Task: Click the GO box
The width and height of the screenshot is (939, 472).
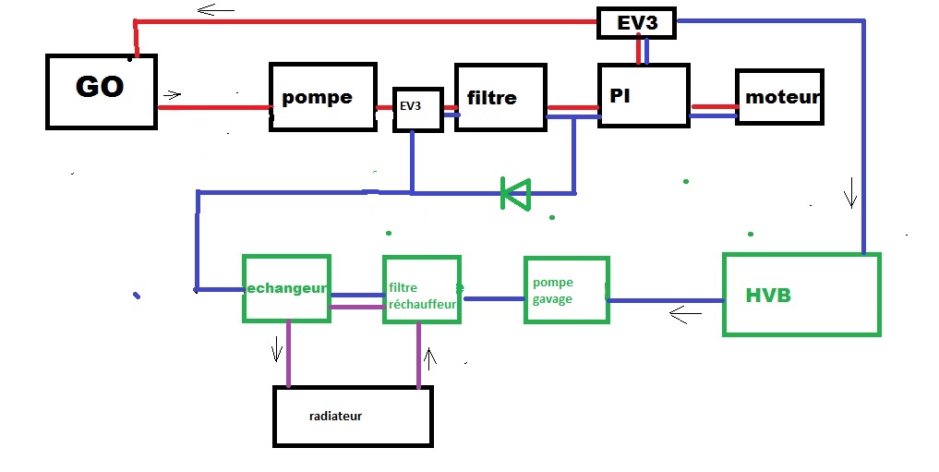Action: [x=101, y=91]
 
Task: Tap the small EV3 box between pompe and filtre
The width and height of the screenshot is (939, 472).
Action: [x=417, y=109]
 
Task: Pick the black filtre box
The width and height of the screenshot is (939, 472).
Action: [x=500, y=97]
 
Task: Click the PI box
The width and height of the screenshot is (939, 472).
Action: [x=644, y=96]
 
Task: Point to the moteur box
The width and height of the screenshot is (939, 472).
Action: [x=778, y=96]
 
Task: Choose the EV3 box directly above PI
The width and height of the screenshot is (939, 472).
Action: [x=637, y=23]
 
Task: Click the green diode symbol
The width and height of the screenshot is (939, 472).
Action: [x=515, y=193]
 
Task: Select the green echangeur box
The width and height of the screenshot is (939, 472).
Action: [x=286, y=288]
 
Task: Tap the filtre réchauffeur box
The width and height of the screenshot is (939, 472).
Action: [x=422, y=289]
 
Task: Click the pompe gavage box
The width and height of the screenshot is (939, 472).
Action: [x=566, y=290]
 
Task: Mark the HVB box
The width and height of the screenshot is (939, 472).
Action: [x=801, y=295]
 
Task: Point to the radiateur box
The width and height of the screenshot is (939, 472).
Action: [x=353, y=416]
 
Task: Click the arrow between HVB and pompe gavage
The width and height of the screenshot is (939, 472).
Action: [x=685, y=316]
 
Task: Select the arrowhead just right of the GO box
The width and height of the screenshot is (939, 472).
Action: [x=173, y=94]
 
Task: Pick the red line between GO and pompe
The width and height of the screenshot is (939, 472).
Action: [x=213, y=107]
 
